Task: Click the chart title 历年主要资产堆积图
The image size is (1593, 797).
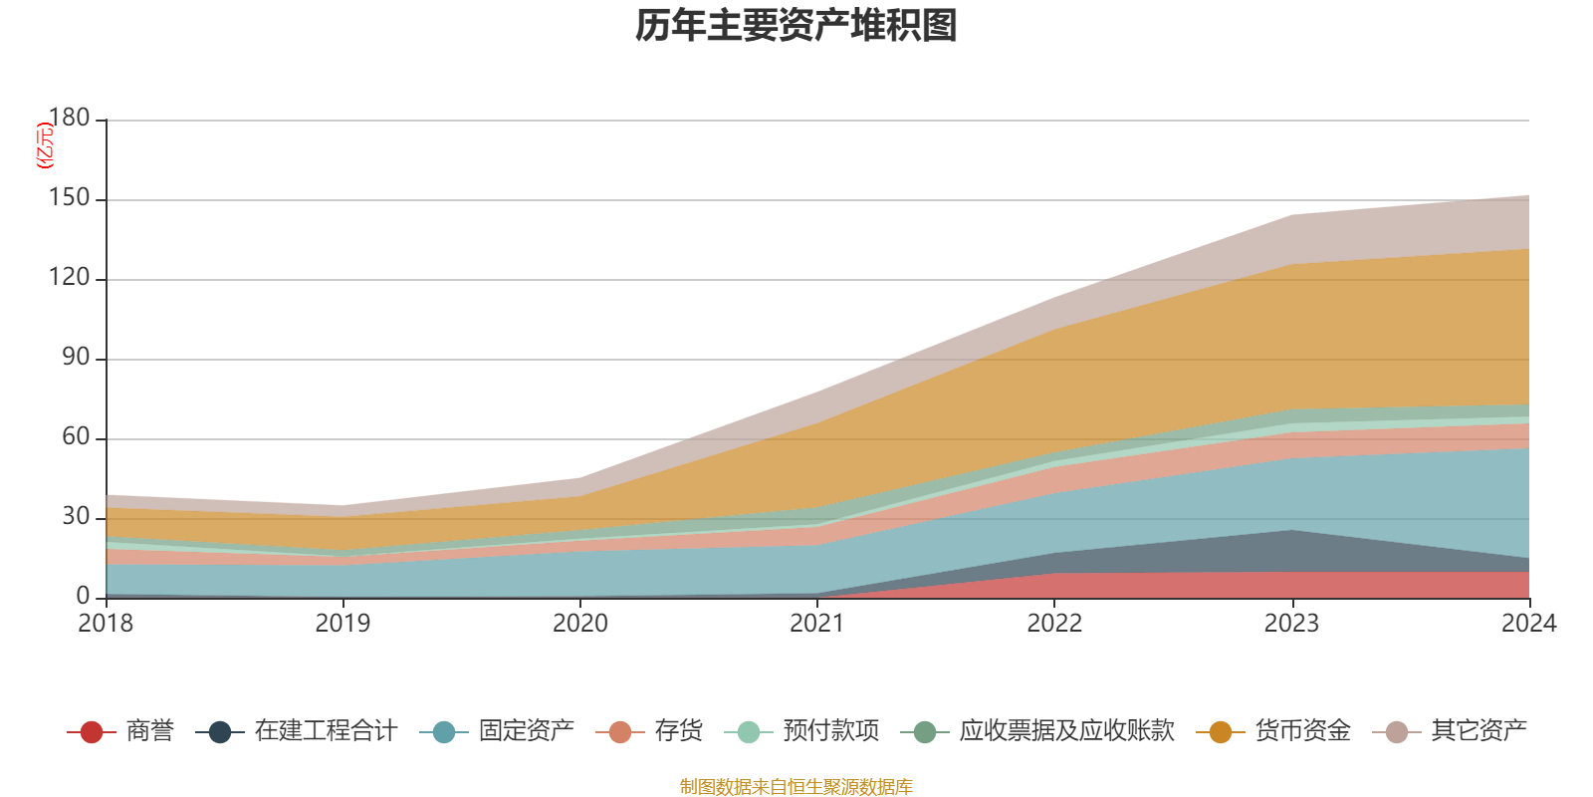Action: click(x=796, y=26)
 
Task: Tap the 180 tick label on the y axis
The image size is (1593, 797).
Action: click(x=69, y=119)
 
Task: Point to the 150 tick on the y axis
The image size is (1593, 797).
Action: click(x=69, y=198)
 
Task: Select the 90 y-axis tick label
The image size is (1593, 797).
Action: click(x=76, y=358)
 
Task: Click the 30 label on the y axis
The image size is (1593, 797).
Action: click(x=76, y=517)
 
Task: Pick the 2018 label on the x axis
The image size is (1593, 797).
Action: click(x=107, y=624)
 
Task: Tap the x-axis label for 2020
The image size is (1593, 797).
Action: click(x=580, y=624)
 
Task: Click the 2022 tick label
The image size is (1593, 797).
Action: click(x=1054, y=624)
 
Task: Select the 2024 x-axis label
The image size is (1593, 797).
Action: click(x=1528, y=624)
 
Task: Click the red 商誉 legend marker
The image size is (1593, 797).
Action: click(x=92, y=732)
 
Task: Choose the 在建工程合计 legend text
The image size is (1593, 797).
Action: click(x=326, y=731)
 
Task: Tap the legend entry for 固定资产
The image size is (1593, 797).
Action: click(x=526, y=731)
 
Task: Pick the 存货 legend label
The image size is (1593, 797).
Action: click(x=678, y=731)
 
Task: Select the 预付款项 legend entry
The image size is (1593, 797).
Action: click(x=830, y=731)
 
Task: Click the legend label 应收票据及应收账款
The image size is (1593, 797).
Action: click(x=1066, y=731)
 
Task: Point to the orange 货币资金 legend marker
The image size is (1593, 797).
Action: click(x=1221, y=732)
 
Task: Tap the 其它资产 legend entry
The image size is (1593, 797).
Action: click(x=1479, y=731)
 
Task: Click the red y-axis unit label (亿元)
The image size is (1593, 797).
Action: click(x=45, y=145)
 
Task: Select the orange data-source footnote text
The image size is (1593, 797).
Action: click(x=796, y=787)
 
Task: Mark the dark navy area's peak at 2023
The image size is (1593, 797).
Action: click(x=1291, y=531)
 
